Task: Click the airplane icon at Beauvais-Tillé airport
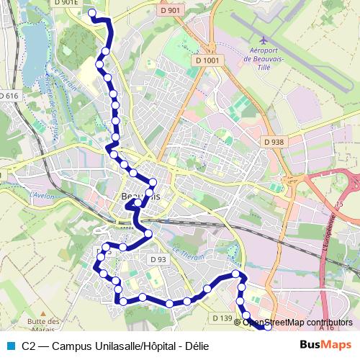(264, 39)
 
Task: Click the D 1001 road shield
(207, 60)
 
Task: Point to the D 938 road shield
(274, 142)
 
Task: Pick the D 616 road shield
(8, 96)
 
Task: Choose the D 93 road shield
(158, 258)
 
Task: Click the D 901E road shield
(65, 4)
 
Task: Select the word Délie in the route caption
(195, 346)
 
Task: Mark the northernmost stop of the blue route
(91, 13)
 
